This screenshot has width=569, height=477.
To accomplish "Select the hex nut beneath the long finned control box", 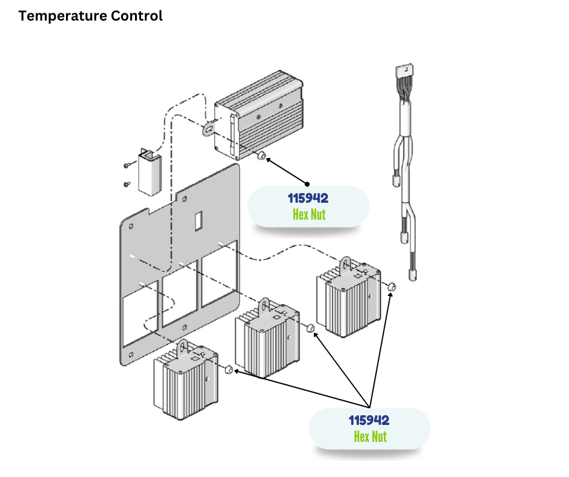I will (x=261, y=156).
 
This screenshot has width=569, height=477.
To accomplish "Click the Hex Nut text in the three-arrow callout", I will (x=370, y=436).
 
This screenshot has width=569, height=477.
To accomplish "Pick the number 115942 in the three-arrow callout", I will (x=369, y=420).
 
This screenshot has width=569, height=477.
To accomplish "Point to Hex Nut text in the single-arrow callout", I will (x=309, y=214).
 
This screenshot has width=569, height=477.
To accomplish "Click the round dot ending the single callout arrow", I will (x=307, y=183).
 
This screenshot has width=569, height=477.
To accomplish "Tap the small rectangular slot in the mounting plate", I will (x=198, y=222).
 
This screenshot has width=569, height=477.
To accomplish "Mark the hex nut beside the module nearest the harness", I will (x=392, y=286).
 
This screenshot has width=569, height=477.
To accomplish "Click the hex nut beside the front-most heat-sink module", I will (x=229, y=369).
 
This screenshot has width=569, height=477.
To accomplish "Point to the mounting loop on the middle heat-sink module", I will (x=265, y=306).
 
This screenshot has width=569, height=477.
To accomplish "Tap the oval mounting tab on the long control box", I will (x=209, y=128).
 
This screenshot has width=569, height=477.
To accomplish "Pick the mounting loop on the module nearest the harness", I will (x=346, y=264).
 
